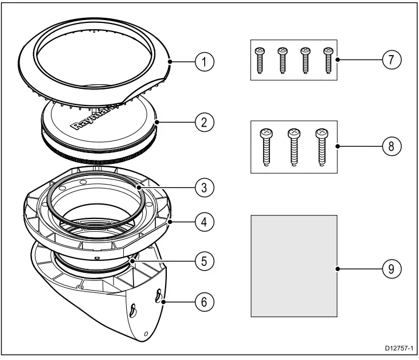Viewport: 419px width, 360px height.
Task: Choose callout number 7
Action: [390, 60]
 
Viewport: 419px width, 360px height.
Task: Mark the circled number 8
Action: [390, 146]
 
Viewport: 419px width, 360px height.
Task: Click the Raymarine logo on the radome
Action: [95, 118]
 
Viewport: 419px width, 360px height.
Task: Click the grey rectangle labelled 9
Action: [294, 265]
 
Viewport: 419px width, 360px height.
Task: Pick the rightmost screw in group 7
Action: [328, 60]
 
